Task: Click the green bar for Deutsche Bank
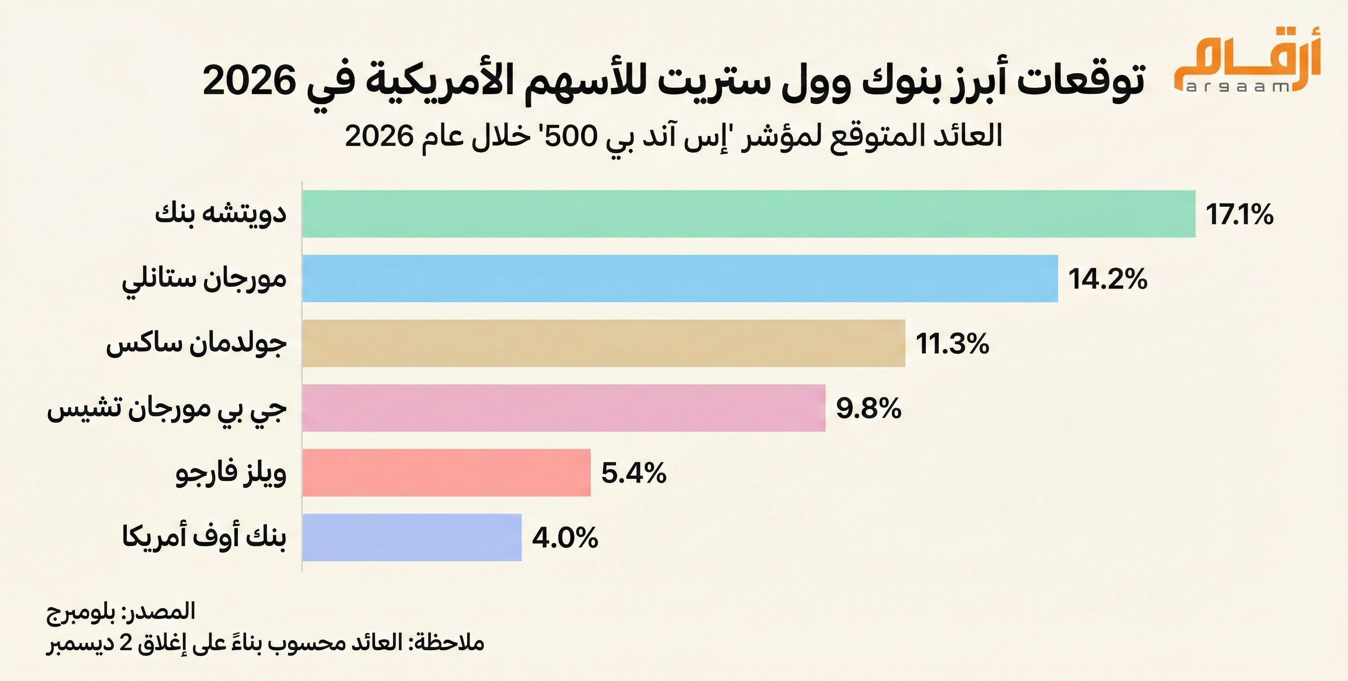pos(749,214)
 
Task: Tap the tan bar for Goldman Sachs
pos(603,343)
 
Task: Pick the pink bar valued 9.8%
pos(563,408)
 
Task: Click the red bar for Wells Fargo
pos(446,472)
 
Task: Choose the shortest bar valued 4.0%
pos(412,537)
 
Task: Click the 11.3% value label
pos(952,344)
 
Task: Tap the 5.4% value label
pos(634,473)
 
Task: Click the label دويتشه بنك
pos(221,214)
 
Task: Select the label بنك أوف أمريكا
pos(204,538)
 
